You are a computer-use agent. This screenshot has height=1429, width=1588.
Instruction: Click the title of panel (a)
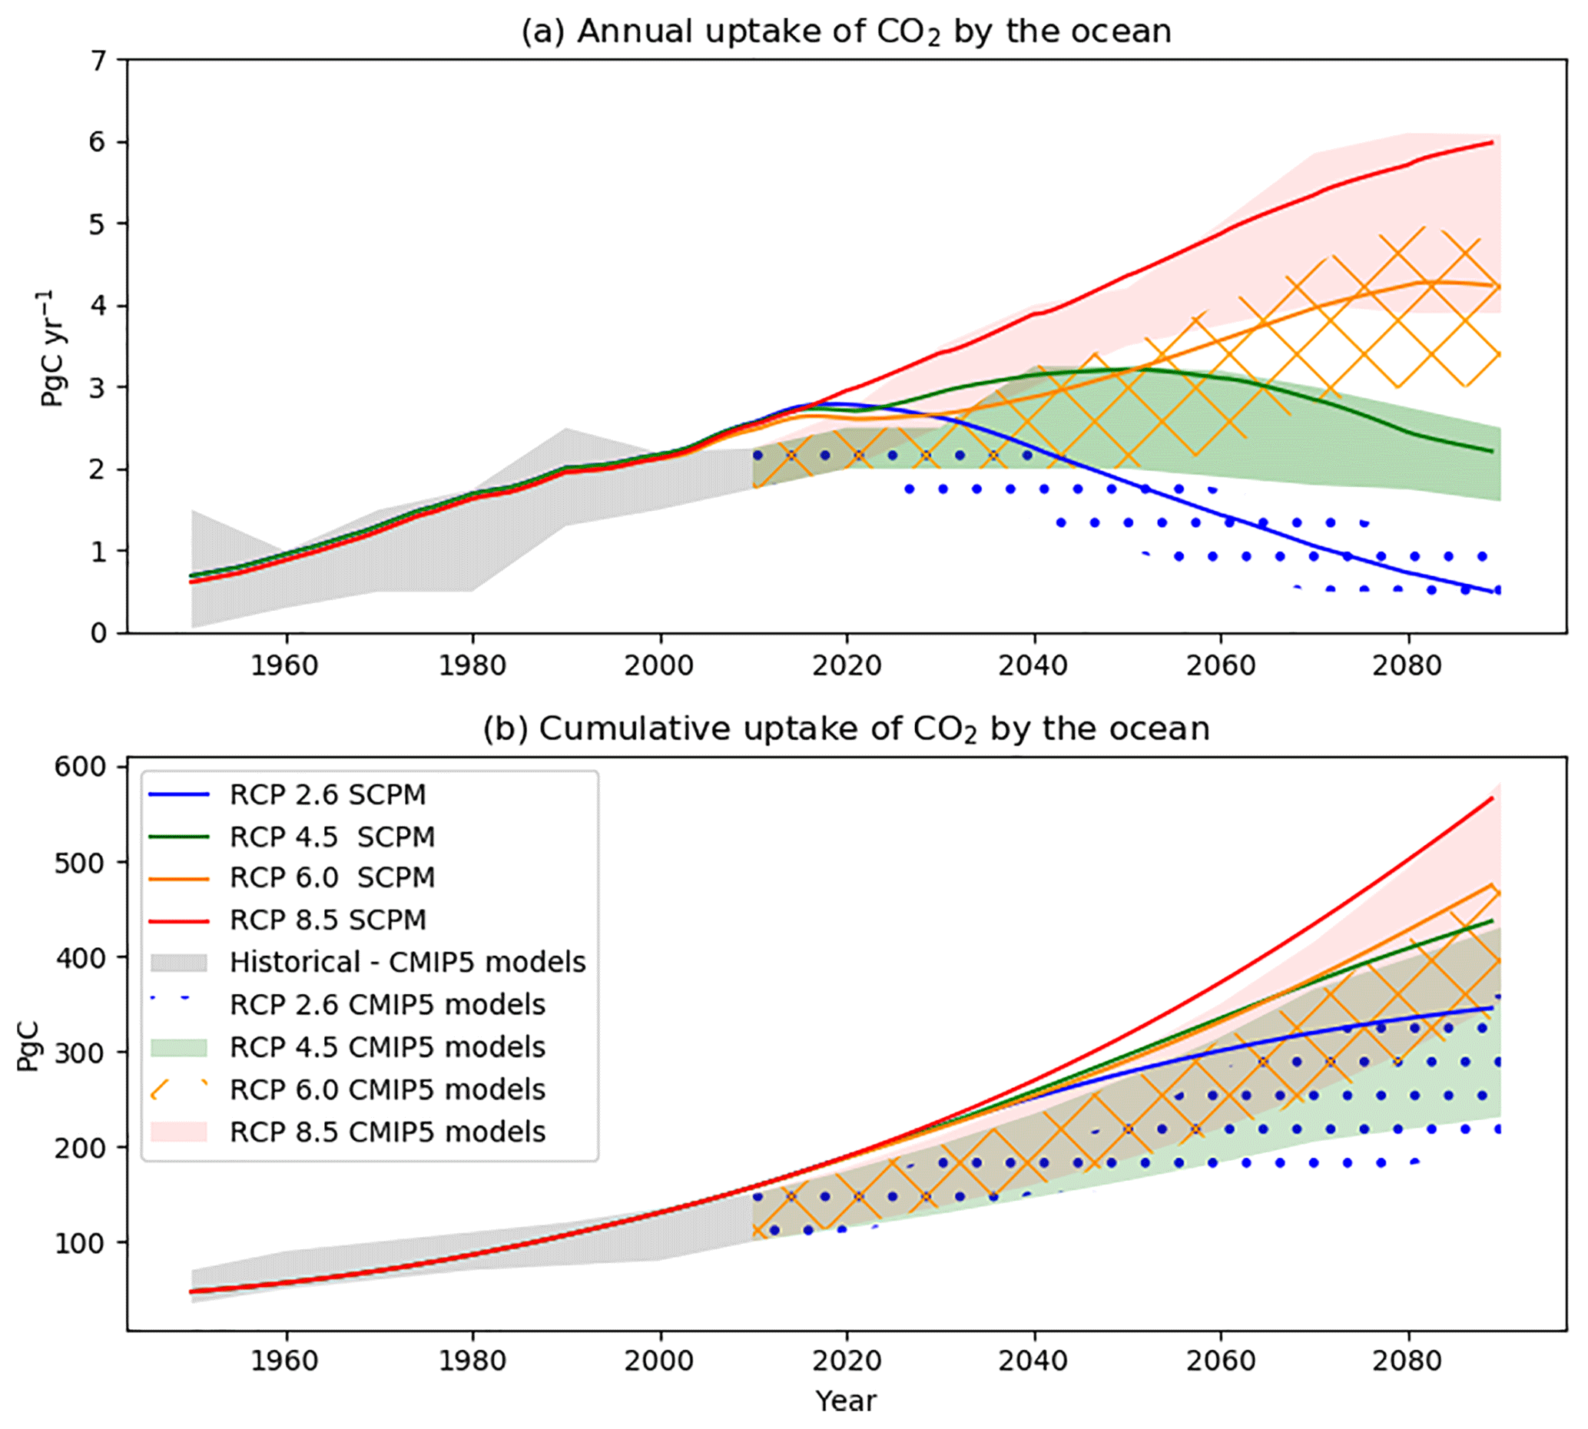845,32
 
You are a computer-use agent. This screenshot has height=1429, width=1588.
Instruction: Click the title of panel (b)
845,729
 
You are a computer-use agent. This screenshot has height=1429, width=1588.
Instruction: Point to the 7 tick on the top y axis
99,61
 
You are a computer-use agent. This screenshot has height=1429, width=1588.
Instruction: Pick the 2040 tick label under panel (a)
1033,666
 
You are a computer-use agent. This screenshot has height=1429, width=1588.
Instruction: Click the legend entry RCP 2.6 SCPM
327,794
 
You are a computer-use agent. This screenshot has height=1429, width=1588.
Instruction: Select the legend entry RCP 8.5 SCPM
327,920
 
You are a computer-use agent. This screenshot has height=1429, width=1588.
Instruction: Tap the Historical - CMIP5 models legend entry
407,962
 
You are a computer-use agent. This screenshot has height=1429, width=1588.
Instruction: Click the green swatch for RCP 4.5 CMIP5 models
179,1046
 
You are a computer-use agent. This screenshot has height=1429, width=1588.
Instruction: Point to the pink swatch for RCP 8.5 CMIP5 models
179,1132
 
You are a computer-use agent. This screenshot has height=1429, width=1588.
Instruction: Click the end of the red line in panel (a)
1491,142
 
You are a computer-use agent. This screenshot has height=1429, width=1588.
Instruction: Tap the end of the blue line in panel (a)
1491,592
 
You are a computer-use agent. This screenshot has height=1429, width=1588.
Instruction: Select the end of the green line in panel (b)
1491,920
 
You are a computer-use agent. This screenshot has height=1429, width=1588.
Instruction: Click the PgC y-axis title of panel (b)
28,1046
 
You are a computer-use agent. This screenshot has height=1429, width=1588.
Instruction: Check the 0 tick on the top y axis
99,633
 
